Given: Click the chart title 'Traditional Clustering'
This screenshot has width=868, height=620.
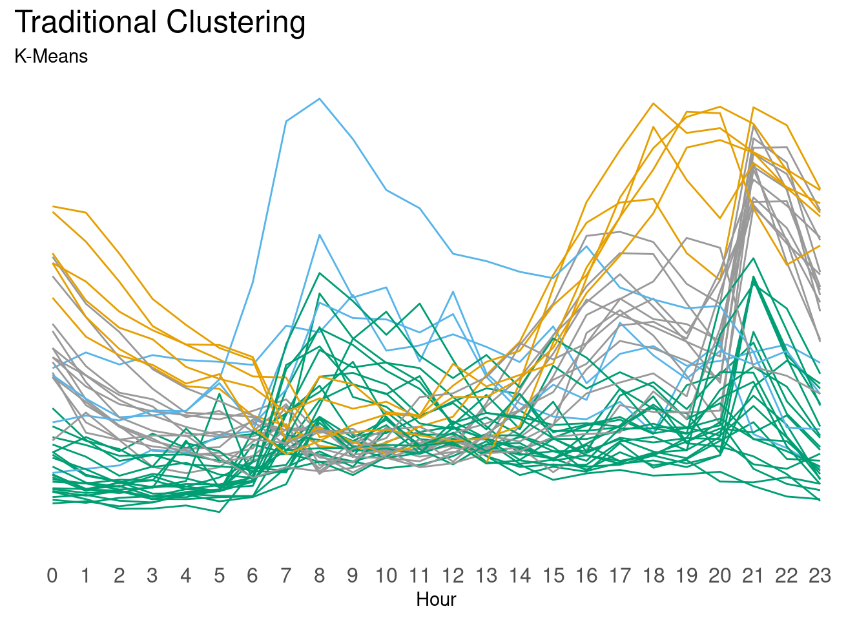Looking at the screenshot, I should pos(160,23).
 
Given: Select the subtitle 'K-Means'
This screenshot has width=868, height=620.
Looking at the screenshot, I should pos(51,57).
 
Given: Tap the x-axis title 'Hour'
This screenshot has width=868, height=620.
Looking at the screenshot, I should pos(436,599).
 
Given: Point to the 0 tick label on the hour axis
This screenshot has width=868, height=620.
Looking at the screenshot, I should pos(52,575).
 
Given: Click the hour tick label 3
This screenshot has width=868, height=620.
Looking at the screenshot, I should pos(152,575).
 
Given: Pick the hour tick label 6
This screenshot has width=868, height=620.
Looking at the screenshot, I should pos(253,575).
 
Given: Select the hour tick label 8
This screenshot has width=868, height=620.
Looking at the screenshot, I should pos(319,575).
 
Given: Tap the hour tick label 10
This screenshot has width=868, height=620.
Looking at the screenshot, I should pos(386,575).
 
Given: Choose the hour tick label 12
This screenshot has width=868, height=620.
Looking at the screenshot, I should pos(453,575).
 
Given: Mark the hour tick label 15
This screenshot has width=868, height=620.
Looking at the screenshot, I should pos(553,575).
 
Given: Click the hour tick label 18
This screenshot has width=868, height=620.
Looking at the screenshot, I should pos(654,575).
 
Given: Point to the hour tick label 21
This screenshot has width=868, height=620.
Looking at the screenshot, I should pos(753,575).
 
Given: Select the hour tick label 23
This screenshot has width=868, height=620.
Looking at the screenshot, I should pos(820,575).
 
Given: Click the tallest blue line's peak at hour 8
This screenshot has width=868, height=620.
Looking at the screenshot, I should pos(319,99).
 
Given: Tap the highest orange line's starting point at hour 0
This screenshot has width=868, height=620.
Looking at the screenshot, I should pos(52,207).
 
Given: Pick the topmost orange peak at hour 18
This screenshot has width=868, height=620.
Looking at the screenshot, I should pos(654,103).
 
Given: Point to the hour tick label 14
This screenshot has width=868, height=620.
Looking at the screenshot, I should pos(520,575).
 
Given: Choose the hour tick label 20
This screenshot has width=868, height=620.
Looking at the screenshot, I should pos(720,575).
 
